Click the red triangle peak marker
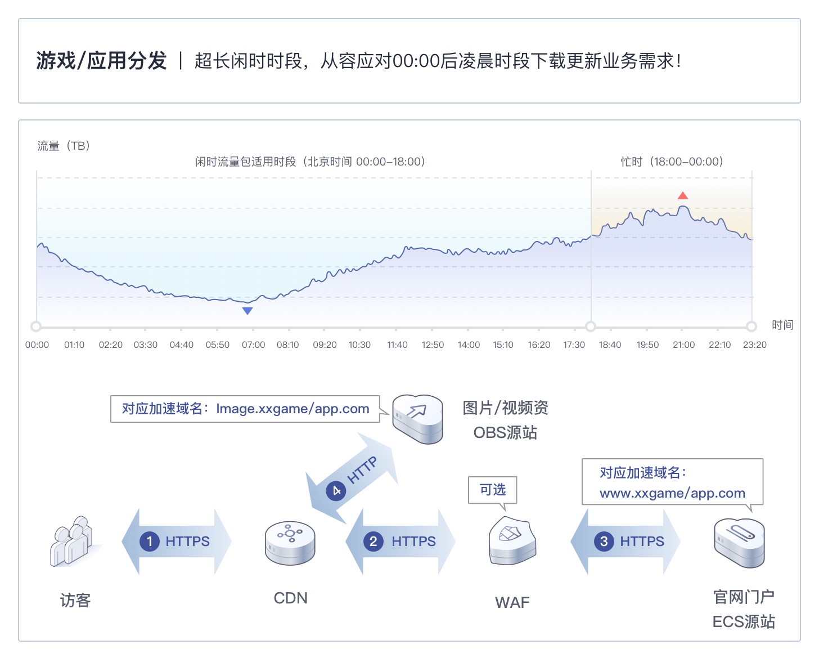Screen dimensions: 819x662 (682, 195)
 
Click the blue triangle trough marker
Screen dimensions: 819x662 (247, 311)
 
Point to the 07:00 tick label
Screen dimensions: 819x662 (253, 345)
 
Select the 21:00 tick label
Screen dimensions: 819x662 (683, 345)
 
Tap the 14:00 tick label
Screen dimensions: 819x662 (469, 345)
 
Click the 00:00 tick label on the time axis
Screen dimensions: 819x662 (37, 345)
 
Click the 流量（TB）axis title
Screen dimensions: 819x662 (64, 146)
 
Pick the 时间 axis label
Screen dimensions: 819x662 (783, 325)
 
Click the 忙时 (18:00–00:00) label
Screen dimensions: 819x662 (672, 162)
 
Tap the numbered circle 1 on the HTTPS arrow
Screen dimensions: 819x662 (150, 541)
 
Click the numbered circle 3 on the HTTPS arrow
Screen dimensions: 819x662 (604, 541)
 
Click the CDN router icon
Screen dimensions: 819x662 (290, 543)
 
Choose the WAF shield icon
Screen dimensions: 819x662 (512, 540)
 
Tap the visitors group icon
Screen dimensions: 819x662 (73, 541)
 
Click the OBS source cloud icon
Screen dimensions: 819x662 (417, 419)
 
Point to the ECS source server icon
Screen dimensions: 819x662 (740, 543)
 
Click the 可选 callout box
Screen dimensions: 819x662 (493, 490)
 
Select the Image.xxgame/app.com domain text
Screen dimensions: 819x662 (292, 409)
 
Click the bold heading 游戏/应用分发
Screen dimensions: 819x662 (101, 61)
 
